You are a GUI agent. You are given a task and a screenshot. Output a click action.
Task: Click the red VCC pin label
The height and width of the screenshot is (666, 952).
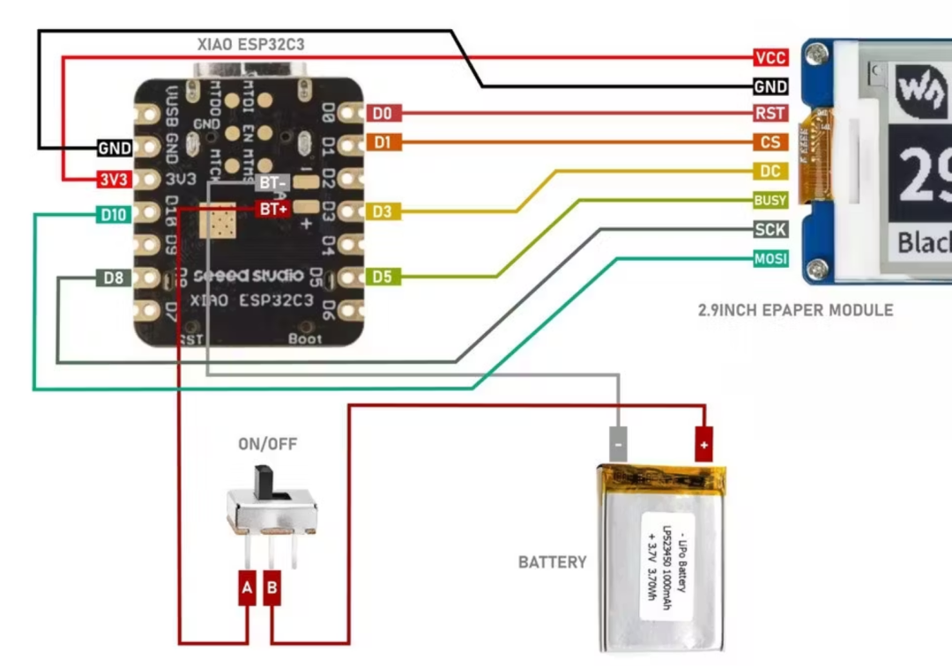(x=770, y=58)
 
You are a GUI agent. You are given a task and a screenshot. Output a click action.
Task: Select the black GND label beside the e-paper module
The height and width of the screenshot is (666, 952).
(x=770, y=86)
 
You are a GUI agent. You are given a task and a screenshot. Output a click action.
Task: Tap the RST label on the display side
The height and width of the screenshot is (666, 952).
(x=770, y=114)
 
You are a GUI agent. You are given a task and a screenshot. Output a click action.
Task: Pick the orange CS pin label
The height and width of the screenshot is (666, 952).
(x=770, y=142)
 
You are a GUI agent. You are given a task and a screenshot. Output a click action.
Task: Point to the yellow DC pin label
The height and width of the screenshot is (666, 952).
(x=770, y=171)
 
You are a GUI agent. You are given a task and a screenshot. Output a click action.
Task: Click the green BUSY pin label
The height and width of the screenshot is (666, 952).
(x=770, y=200)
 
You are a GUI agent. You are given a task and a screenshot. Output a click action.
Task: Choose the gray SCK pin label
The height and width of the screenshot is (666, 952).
(x=770, y=229)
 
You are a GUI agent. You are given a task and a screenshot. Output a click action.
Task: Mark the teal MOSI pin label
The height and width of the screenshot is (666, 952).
(x=770, y=258)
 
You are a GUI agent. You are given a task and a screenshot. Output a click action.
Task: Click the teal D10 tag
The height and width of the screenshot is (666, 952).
(x=114, y=214)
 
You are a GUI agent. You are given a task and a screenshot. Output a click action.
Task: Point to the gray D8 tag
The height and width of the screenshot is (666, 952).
(x=114, y=278)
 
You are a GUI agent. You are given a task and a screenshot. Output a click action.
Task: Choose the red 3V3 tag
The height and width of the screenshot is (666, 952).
(x=114, y=180)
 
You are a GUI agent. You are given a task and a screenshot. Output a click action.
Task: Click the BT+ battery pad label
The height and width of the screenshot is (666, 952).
(x=272, y=210)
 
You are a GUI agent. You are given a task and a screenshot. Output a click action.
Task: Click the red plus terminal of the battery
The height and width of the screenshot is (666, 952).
(x=703, y=440)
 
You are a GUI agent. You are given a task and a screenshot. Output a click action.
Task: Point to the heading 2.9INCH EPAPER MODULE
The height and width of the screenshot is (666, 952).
(x=795, y=310)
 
